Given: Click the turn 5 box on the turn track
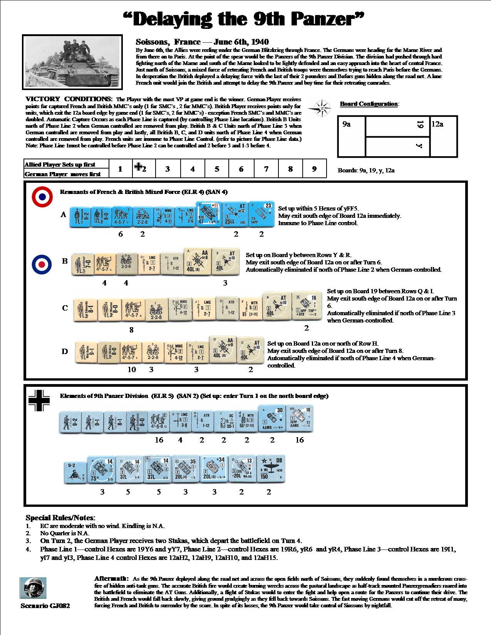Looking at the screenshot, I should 217,169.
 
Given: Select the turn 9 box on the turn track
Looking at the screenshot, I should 314,169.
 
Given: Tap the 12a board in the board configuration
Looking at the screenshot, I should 444,136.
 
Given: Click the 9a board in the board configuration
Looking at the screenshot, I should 351,136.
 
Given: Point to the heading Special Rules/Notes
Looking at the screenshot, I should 60,518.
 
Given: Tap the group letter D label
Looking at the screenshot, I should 65,351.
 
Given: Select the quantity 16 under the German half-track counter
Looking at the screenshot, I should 299,440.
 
